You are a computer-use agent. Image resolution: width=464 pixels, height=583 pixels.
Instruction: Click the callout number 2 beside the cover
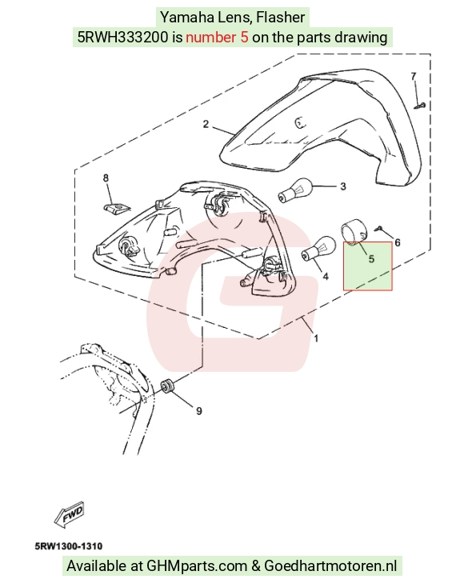[206, 124]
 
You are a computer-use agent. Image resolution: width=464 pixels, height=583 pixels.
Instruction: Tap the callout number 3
[343, 186]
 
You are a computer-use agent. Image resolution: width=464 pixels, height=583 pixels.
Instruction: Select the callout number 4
[326, 276]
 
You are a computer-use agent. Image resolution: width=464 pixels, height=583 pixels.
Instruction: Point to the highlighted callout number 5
[371, 259]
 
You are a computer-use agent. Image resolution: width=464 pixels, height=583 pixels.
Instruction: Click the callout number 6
[398, 243]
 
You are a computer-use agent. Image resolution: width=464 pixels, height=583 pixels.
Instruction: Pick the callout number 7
[414, 76]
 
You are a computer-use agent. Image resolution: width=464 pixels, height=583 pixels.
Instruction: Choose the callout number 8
[106, 178]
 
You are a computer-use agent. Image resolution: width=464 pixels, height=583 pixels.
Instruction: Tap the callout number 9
[199, 411]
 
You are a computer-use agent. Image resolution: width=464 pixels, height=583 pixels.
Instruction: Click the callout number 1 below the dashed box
[316, 338]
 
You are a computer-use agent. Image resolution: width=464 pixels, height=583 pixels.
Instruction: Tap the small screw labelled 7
[420, 106]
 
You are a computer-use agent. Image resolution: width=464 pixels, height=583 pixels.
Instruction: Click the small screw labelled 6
[379, 228]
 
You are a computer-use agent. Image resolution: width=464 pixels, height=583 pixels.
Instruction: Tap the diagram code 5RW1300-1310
[69, 546]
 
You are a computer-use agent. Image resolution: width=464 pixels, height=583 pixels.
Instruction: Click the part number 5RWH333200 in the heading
[122, 37]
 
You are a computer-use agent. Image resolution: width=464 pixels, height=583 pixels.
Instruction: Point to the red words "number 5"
[217, 37]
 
